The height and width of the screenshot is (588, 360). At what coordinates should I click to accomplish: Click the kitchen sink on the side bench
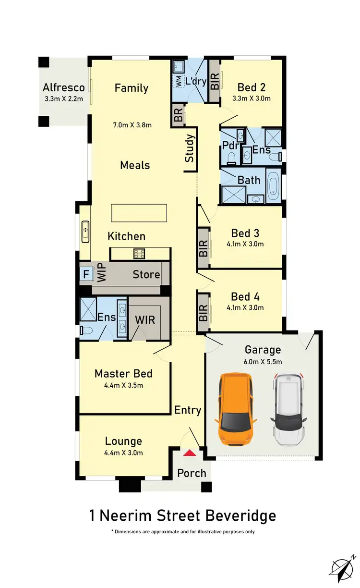tap(85, 230)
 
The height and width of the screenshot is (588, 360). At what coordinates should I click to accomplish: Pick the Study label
tap(190, 149)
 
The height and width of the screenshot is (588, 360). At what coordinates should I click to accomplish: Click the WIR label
tap(144, 319)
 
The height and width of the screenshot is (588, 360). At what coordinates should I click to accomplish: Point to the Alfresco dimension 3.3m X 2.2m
tap(63, 99)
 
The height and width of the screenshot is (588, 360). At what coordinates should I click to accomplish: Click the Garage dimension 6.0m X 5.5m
tap(263, 362)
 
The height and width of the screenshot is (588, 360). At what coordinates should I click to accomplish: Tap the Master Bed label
tap(123, 374)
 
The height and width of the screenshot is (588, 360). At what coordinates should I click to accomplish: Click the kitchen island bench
tap(139, 213)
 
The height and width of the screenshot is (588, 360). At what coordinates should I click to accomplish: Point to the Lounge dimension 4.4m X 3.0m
tap(123, 453)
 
